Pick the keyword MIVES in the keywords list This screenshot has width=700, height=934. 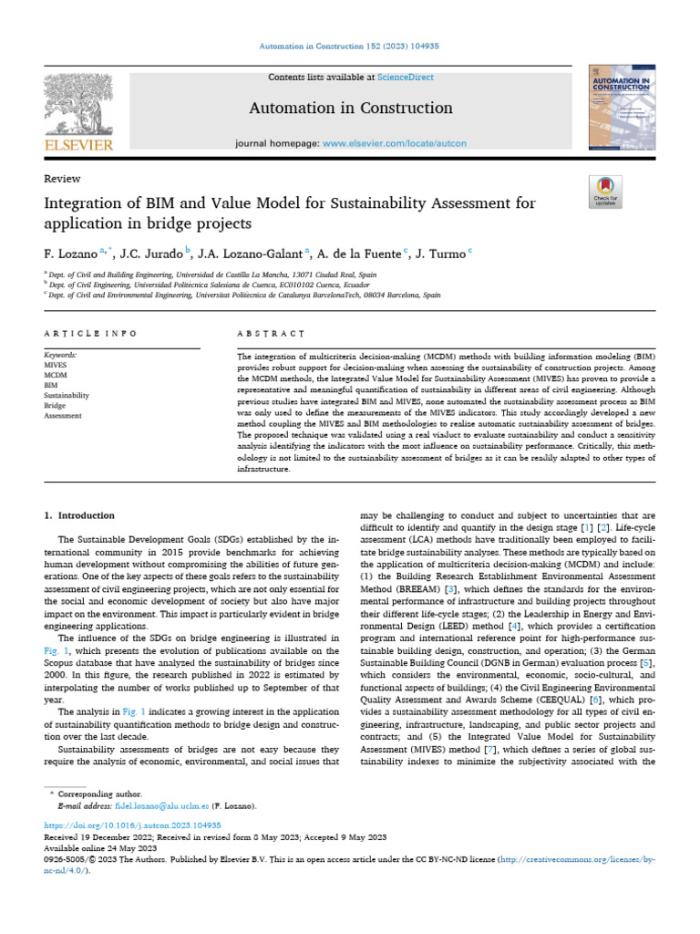[56, 362]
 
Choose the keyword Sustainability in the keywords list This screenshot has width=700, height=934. [67, 395]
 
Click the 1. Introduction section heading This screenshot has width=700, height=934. [80, 515]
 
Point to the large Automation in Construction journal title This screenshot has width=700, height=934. [350, 109]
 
